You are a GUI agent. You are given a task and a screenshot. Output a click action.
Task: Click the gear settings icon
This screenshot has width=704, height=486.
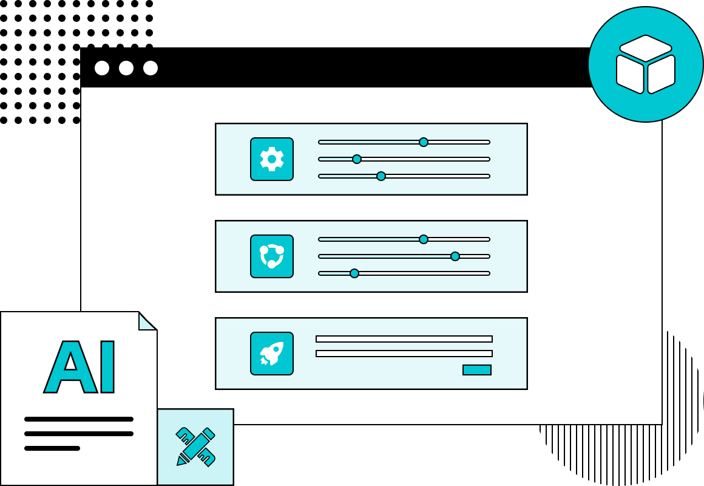(x=272, y=159)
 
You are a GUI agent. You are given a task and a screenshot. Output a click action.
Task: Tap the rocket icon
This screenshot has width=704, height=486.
(x=272, y=354)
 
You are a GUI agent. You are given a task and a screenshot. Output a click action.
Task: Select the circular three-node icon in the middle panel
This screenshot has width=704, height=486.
(x=272, y=256)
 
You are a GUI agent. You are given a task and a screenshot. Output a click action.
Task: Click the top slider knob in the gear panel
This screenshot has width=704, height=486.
(x=424, y=142)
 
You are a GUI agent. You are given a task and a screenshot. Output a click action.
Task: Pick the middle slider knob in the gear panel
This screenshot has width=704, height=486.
(x=357, y=159)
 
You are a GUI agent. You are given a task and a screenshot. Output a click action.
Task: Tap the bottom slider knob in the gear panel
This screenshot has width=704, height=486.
(x=381, y=176)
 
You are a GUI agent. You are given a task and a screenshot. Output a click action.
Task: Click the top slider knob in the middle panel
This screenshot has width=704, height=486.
(x=424, y=239)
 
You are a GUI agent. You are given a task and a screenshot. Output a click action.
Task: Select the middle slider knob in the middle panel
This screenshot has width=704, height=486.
(x=455, y=256)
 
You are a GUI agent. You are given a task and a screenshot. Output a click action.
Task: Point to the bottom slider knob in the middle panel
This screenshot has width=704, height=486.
(x=354, y=273)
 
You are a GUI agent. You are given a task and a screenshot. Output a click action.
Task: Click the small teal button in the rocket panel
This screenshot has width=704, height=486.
(x=477, y=370)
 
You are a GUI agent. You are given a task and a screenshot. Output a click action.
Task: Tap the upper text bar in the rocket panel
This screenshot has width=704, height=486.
(x=404, y=339)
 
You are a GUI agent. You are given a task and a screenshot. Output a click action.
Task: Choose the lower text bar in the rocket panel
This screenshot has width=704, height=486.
(x=404, y=354)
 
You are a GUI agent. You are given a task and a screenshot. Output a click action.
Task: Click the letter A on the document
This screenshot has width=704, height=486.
(x=70, y=367)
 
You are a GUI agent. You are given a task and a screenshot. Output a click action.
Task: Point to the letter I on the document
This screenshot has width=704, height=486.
(x=107, y=367)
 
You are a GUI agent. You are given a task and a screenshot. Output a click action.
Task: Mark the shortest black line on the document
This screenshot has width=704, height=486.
(x=52, y=448)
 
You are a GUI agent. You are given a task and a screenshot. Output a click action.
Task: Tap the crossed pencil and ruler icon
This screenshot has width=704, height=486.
(x=195, y=447)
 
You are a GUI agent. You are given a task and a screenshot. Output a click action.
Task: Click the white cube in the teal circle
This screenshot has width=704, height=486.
(x=646, y=64)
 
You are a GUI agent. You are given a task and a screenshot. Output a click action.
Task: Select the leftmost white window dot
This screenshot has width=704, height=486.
(x=102, y=68)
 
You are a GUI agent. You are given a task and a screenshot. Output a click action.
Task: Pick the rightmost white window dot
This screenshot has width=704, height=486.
(x=151, y=68)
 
